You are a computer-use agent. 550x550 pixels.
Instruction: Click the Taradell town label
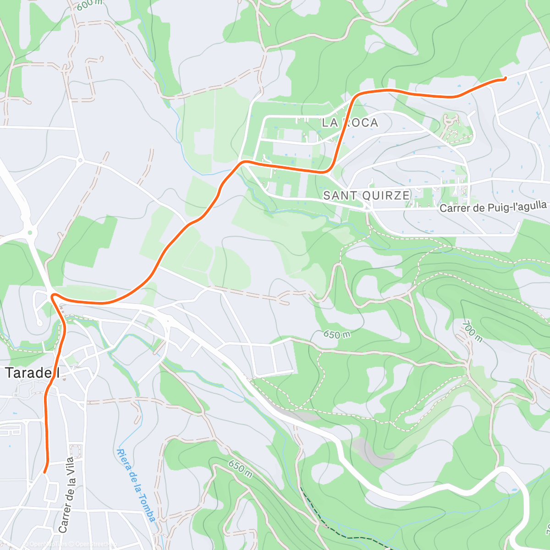(32, 373)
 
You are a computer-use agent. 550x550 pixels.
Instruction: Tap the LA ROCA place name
(350, 122)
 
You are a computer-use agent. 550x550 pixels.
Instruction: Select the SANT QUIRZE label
(366, 195)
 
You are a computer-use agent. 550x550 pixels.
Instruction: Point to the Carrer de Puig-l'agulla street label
(493, 207)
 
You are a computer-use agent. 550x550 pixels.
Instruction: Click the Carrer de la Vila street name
(66, 495)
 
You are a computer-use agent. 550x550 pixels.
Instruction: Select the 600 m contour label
(90, 5)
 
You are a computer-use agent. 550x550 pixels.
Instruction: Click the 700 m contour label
(472, 331)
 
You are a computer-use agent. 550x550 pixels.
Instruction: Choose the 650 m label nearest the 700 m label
(337, 334)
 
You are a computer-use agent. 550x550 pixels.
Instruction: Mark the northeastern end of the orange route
(504, 79)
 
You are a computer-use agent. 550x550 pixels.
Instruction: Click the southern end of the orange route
(44, 472)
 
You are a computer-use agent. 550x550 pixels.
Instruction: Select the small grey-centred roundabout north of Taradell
(80, 160)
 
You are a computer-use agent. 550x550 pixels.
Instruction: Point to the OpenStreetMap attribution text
(94, 544)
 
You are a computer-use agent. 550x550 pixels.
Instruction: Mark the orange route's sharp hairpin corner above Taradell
(53, 296)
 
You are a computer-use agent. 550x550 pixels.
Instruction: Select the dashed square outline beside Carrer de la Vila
(75, 451)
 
